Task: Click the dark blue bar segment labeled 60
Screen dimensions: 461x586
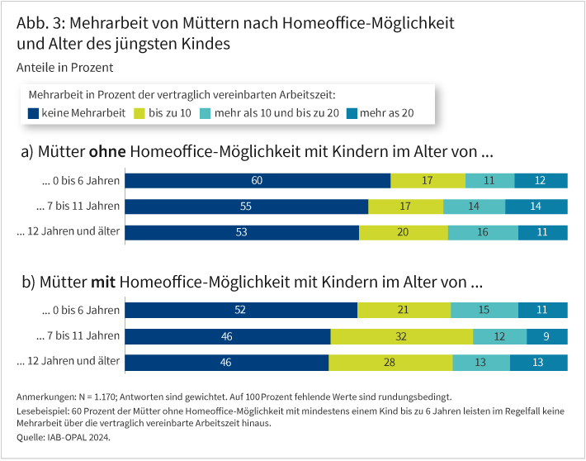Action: coord(258,181)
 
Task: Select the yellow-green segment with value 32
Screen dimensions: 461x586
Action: coord(402,336)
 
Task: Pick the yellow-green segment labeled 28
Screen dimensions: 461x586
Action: coord(390,362)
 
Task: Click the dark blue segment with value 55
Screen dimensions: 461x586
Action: coord(247,207)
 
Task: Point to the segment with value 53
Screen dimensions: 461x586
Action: coord(242,232)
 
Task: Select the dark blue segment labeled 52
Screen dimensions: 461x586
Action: coord(241,311)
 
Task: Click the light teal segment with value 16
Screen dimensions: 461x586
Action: coord(483,232)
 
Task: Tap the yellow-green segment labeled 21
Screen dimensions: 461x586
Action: coord(404,311)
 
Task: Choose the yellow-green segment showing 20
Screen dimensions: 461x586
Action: coord(404,232)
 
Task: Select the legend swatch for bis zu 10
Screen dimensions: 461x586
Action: coord(140,112)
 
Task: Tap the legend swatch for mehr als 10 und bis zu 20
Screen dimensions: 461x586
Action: coord(206,112)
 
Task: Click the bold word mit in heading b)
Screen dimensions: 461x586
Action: coord(103,283)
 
